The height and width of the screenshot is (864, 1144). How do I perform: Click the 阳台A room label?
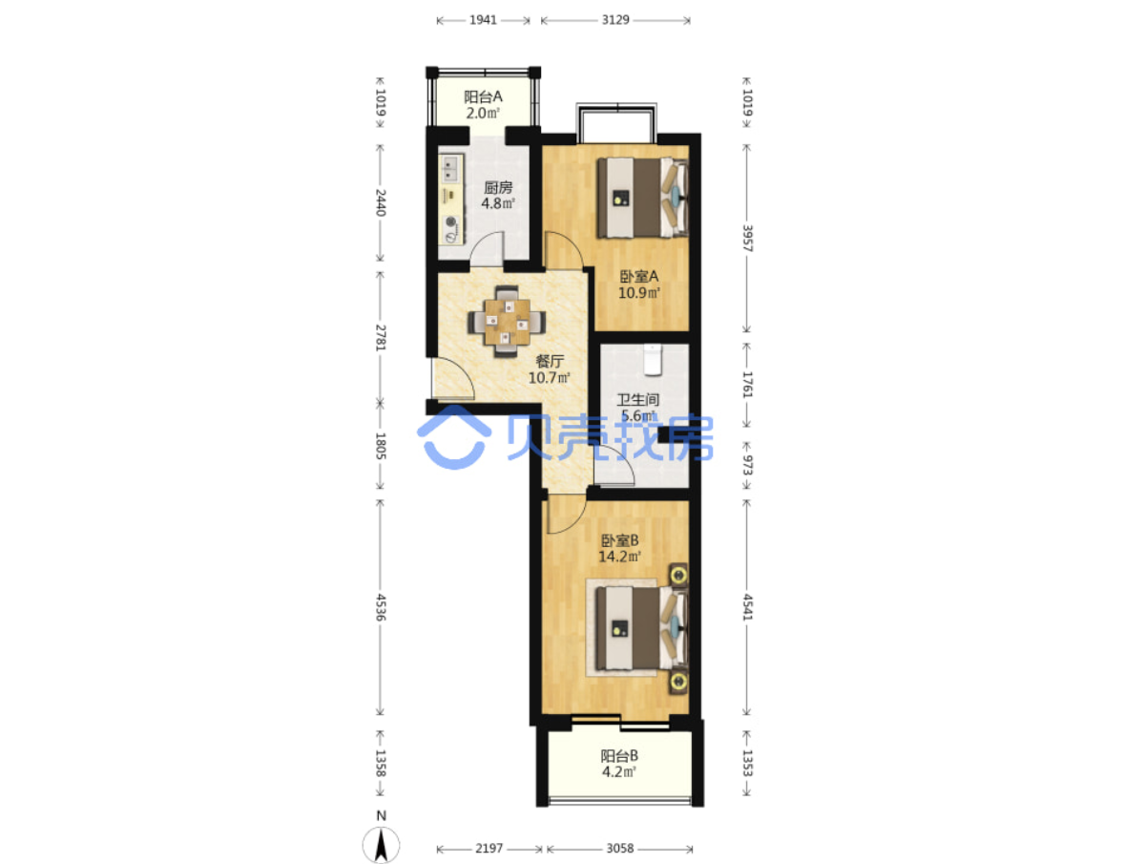click(483, 96)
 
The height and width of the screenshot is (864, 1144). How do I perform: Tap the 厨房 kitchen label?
click(498, 187)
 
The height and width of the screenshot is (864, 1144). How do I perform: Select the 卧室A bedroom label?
click(639, 277)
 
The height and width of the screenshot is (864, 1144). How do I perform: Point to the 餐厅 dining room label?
click(550, 361)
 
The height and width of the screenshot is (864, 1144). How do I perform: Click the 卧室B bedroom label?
click(619, 540)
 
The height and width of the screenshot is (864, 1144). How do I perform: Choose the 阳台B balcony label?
click(619, 756)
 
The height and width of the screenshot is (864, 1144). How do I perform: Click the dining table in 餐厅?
click(507, 321)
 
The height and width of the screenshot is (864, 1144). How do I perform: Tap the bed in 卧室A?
click(642, 198)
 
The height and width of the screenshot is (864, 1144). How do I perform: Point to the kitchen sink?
click(450, 169)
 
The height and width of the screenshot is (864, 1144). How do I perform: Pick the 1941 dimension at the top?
click(483, 20)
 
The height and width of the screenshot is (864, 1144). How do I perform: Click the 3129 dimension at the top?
click(615, 20)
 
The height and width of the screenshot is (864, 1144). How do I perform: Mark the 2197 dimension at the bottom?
click(489, 849)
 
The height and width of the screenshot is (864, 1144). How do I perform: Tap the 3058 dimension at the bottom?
click(619, 849)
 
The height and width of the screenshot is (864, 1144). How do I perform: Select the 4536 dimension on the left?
click(381, 607)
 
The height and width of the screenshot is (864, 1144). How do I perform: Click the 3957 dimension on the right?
click(747, 238)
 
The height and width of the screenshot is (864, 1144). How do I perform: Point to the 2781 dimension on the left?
click(381, 337)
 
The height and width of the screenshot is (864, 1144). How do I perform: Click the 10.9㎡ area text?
click(639, 293)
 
